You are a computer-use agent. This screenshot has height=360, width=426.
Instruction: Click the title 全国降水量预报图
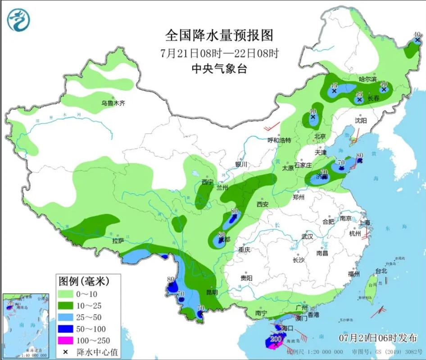(219, 35)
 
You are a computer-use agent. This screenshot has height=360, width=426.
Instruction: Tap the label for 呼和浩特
(279, 140)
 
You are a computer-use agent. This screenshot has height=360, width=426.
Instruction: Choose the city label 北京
(320, 136)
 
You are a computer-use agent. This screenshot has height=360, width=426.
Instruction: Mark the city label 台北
(381, 271)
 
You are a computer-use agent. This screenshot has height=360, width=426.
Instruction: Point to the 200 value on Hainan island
(276, 338)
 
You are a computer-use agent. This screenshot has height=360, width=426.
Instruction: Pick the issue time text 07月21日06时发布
(378, 337)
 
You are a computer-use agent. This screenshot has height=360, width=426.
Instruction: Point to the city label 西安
(262, 204)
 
